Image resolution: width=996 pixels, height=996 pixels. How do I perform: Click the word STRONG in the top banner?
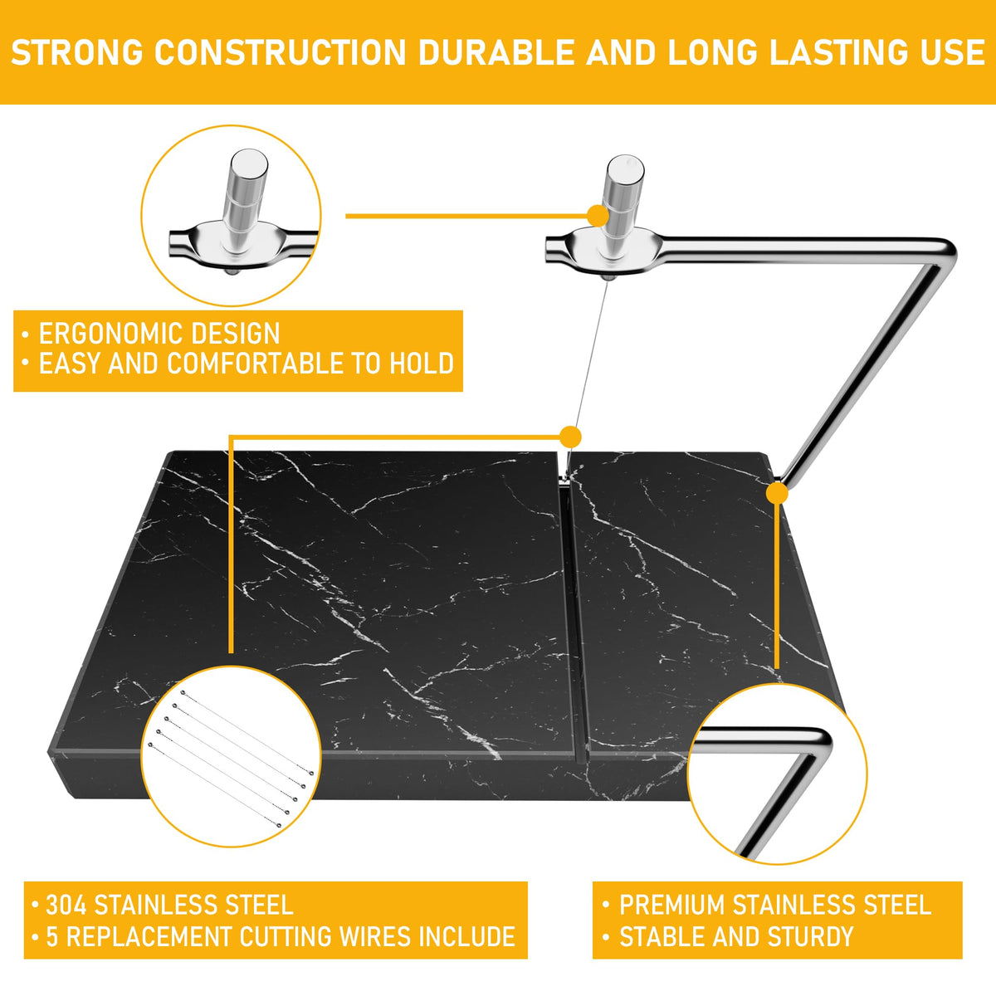[x=77, y=53]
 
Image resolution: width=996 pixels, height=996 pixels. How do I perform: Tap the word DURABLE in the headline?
[x=496, y=53]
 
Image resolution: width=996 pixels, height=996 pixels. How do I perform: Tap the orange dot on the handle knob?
[x=598, y=216]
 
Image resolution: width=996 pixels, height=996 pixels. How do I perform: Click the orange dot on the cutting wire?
[x=570, y=437]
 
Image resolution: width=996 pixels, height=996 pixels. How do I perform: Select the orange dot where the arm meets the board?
[x=777, y=493]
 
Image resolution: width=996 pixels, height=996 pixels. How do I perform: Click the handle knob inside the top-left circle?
[x=246, y=202]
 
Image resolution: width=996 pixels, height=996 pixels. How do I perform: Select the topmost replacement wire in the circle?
[x=247, y=732]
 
